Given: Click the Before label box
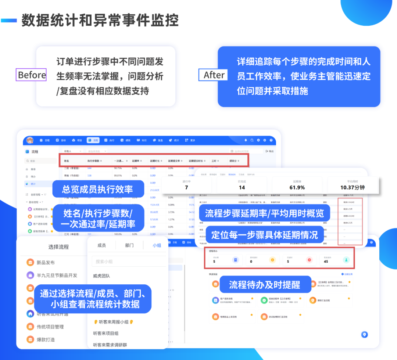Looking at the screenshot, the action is pyautogui.click(x=32, y=75).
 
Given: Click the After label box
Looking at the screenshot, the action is pyautogui.click(x=214, y=75).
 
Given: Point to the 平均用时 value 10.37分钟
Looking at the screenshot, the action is pyautogui.click(x=352, y=187).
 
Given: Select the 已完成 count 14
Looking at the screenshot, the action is pyautogui.click(x=242, y=187).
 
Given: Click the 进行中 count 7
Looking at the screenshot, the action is pyautogui.click(x=186, y=187).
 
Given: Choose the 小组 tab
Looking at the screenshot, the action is pyautogui.click(x=157, y=245).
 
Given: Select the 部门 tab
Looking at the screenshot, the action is pyautogui.click(x=129, y=245).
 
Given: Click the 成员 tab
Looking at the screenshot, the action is pyautogui.click(x=101, y=245).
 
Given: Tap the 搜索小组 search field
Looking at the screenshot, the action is pyautogui.click(x=127, y=261).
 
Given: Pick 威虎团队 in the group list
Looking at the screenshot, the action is pyautogui.click(x=101, y=276).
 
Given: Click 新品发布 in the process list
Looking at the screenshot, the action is pyautogui.click(x=46, y=263).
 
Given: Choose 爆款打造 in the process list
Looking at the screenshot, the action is pyautogui.click(x=46, y=339).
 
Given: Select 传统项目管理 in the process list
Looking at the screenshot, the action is pyautogui.click(x=50, y=327).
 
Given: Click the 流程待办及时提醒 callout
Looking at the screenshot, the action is pyautogui.click(x=265, y=284).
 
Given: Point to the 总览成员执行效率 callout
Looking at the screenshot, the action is pyautogui.click(x=97, y=189).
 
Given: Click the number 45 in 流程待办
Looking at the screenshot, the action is pyautogui.click(x=326, y=262).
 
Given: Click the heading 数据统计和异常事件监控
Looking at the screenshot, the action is pyautogui.click(x=100, y=21).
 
